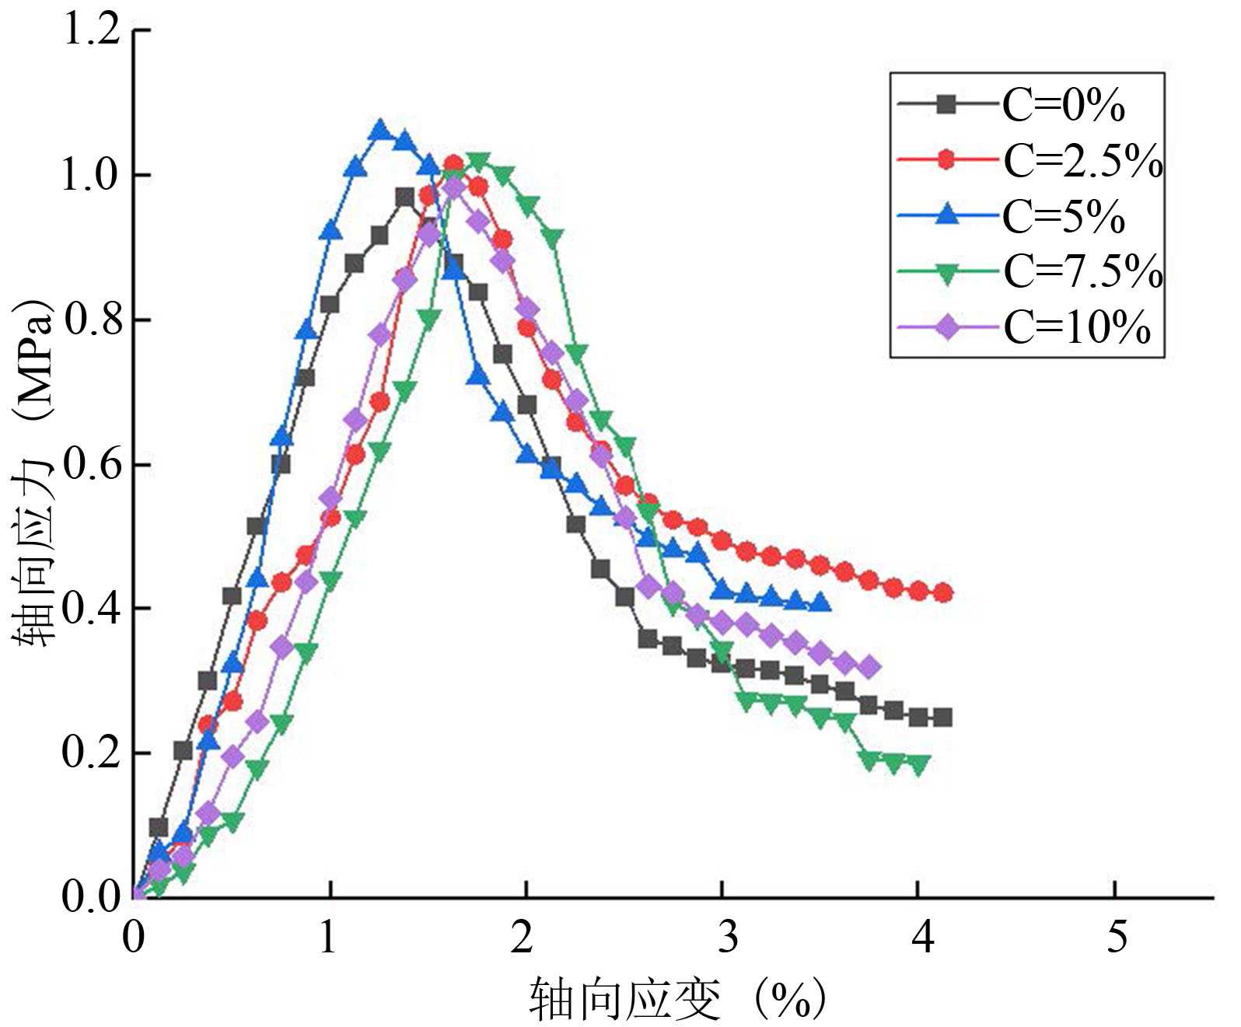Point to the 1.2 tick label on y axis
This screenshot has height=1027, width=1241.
tap(92, 31)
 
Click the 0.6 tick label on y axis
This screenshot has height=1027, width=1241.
tap(92, 465)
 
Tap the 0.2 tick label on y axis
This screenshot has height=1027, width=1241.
tap(92, 753)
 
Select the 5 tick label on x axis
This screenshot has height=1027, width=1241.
tap(1116, 937)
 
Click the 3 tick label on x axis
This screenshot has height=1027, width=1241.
tap(727, 937)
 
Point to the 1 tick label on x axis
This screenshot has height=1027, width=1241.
tap(328, 937)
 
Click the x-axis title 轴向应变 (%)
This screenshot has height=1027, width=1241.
tap(676, 1000)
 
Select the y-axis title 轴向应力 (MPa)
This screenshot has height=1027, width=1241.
tap(35, 474)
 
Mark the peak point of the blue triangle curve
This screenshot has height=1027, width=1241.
tap(379, 130)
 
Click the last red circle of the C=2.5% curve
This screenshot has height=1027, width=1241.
tap(942, 593)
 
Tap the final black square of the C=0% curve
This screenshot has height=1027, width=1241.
tap(942, 717)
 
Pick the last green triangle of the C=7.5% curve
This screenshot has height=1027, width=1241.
tap(918, 765)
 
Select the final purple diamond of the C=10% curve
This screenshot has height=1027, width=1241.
tap(870, 667)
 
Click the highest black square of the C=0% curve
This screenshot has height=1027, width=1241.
tap(404, 197)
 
